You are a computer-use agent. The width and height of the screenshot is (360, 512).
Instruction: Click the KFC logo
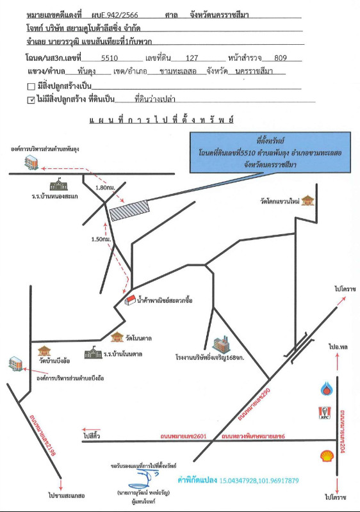[x=325, y=413]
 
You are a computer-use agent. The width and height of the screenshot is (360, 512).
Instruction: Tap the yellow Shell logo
[x=327, y=456]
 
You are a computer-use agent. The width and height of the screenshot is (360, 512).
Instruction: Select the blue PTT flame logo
[x=326, y=388]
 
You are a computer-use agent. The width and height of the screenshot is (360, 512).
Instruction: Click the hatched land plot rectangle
[x=129, y=211]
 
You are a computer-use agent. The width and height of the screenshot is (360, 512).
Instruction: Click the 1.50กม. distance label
[x=101, y=239]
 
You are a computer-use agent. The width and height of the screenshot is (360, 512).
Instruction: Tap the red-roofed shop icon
[x=130, y=300]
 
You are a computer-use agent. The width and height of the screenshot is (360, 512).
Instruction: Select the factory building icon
[x=221, y=344]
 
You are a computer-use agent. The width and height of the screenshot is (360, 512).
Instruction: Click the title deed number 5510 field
[x=110, y=58]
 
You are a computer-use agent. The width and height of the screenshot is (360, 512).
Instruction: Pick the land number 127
[x=192, y=58]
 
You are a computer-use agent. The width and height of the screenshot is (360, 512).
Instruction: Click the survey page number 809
[x=281, y=58]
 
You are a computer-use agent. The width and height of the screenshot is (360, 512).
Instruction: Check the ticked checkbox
[x=31, y=100]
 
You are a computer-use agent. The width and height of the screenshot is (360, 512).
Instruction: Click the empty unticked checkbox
[x=31, y=86]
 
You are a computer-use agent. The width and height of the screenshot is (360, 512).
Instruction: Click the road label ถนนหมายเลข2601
[x=183, y=436]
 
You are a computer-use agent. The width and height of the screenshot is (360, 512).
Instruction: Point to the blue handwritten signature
[x=143, y=479]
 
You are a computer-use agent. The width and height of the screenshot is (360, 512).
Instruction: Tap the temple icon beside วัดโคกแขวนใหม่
[x=307, y=200]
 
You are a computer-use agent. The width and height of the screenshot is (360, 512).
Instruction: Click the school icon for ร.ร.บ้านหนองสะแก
[x=58, y=185]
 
